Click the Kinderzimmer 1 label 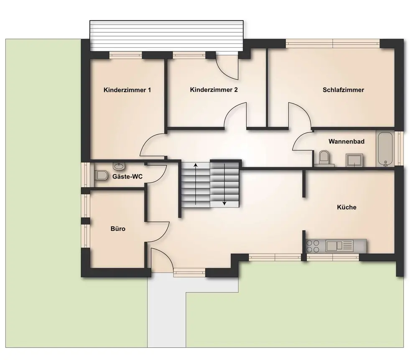point(127,90)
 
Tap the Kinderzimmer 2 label point(214,90)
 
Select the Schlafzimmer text point(343,90)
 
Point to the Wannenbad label point(346,141)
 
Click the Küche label point(347,207)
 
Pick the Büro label point(118,229)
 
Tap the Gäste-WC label point(127,176)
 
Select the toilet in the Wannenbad point(324,157)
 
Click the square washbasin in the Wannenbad point(354,160)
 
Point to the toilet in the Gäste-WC point(101,175)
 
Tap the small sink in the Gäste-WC point(119,166)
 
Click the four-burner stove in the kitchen point(313,246)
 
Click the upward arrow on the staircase point(196,184)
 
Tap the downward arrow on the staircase point(224,184)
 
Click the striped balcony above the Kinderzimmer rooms point(167,36)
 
